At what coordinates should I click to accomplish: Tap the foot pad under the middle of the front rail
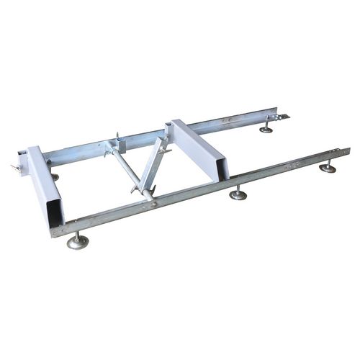238,194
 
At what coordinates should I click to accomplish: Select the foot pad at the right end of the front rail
328,169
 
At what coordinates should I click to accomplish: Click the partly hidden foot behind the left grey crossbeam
55,176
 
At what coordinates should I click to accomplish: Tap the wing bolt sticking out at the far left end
15,168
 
